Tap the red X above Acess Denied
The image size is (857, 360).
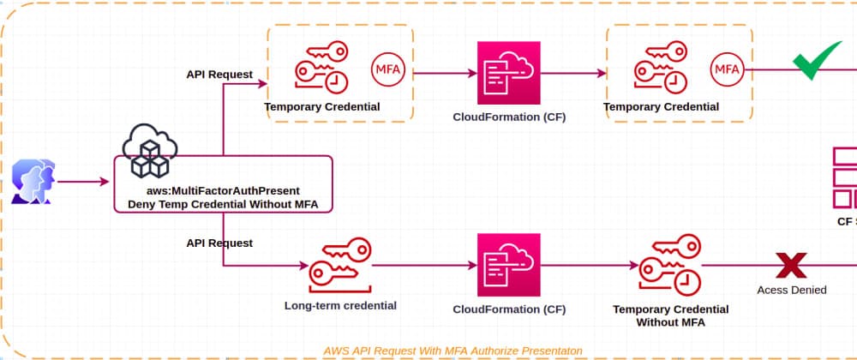click(790, 266)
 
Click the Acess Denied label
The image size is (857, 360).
click(791, 290)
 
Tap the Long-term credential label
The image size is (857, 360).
click(340, 305)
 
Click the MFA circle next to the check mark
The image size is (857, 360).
click(727, 68)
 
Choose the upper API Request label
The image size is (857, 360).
click(219, 74)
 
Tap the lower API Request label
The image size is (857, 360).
click(219, 243)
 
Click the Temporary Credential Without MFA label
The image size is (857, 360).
click(671, 315)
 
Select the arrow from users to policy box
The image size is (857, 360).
click(84, 182)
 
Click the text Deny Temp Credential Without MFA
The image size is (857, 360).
click(222, 203)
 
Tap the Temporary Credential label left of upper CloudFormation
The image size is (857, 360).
click(322, 107)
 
